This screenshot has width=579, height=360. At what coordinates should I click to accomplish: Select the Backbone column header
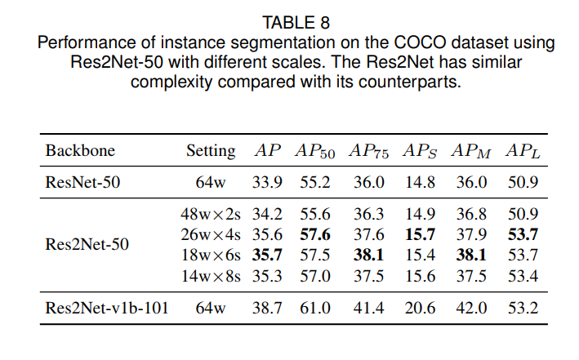(80, 151)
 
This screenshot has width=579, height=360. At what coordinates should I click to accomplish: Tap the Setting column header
(210, 151)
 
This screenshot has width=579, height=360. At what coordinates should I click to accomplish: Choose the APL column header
(523, 151)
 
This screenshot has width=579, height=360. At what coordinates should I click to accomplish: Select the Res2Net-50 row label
(87, 243)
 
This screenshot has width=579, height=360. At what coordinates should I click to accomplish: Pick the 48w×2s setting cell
(211, 214)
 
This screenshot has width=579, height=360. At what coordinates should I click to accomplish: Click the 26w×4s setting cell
(211, 234)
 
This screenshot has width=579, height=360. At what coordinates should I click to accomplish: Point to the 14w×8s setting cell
(211, 275)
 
